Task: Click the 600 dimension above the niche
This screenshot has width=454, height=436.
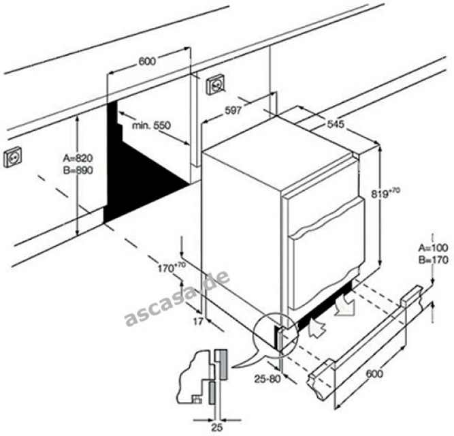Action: [x=147, y=61]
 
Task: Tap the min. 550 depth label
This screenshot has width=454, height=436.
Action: [x=151, y=125]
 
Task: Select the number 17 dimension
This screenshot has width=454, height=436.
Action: [x=197, y=320]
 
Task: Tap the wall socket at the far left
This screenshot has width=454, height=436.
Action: [x=14, y=157]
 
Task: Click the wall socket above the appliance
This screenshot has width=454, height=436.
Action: [x=216, y=85]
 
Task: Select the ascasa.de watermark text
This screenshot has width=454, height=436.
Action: [x=176, y=298]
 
